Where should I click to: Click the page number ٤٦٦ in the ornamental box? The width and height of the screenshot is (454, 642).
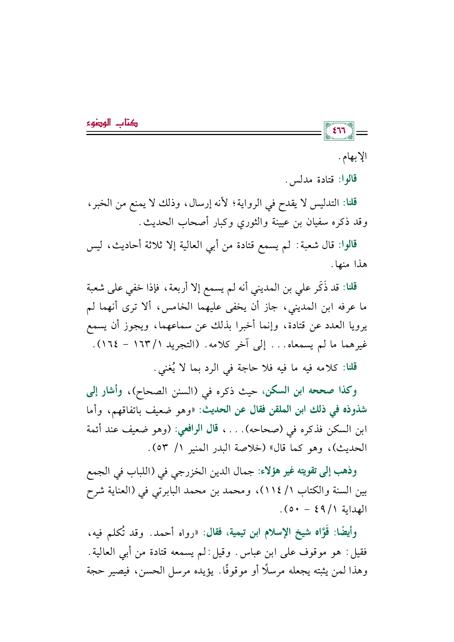[339, 131]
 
